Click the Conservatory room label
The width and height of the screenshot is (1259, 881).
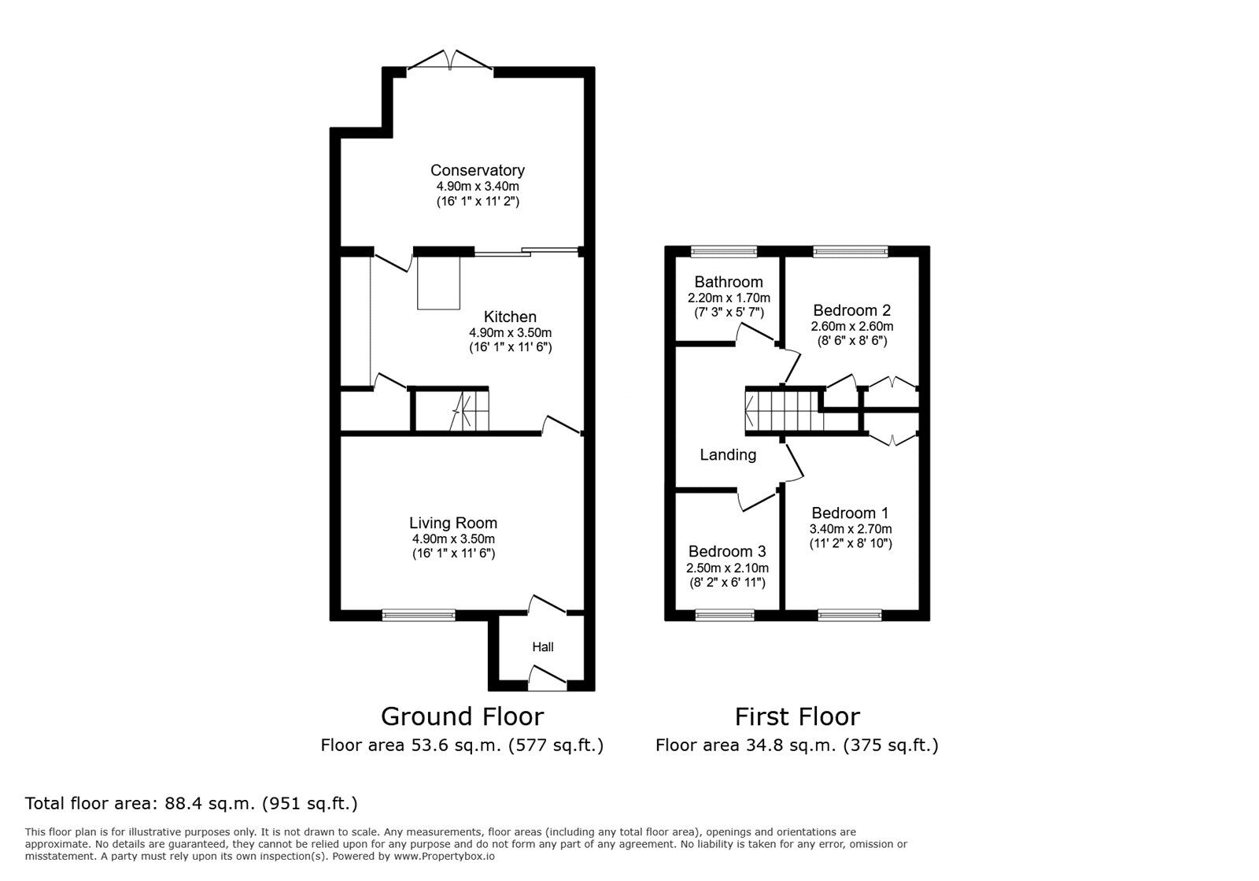tap(477, 170)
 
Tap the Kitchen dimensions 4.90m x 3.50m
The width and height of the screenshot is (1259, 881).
tap(510, 332)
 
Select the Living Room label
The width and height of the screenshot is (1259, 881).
tap(453, 523)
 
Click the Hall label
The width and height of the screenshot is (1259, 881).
tap(542, 647)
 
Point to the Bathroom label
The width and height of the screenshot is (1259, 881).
tap(729, 282)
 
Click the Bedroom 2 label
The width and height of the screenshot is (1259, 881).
tap(852, 310)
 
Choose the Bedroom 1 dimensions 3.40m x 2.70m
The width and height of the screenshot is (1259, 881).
tap(851, 529)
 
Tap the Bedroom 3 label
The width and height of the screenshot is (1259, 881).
tap(727, 551)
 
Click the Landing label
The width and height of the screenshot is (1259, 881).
tap(728, 454)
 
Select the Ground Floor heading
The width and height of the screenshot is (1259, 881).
tap(462, 716)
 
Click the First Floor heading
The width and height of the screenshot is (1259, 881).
tap(797, 716)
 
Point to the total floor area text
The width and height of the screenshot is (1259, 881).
tap(191, 804)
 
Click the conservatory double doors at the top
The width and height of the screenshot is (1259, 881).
tap(450, 62)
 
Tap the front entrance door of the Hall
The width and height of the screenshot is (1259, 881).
tap(547, 679)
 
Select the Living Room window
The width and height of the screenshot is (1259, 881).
tap(419, 615)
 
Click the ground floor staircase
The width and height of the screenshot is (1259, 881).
tap(464, 411)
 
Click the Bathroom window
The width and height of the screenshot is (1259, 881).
tap(724, 251)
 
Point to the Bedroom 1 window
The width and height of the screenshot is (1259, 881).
tap(850, 615)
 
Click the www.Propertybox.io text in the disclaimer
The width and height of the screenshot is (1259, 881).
tap(444, 856)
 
